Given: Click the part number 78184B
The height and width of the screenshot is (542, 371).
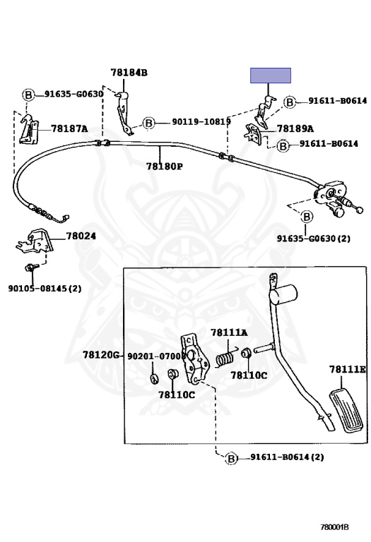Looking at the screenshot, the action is click(x=129, y=73).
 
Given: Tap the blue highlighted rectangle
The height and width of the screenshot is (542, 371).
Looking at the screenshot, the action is click(x=271, y=76).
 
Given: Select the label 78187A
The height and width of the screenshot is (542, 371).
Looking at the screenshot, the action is click(x=69, y=129).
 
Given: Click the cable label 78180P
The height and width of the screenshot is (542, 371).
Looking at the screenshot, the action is click(x=165, y=167).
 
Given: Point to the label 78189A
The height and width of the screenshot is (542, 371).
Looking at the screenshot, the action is click(x=295, y=129).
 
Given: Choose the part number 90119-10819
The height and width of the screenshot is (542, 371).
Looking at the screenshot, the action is click(x=201, y=121).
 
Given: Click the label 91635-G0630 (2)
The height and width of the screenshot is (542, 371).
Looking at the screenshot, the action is click(x=314, y=238).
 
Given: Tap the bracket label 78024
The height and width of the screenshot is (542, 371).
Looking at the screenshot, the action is click(x=81, y=236).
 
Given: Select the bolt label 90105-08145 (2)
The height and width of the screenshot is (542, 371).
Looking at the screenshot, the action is click(x=45, y=288).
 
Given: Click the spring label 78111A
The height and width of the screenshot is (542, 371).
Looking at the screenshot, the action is click(x=229, y=332).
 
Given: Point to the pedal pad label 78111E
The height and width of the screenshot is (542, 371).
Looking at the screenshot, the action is click(x=347, y=370).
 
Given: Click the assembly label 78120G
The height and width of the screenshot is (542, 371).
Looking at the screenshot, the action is click(x=101, y=355).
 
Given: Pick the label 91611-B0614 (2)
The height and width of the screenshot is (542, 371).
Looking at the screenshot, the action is click(x=287, y=457).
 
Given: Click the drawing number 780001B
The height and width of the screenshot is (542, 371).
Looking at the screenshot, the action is click(x=334, y=527).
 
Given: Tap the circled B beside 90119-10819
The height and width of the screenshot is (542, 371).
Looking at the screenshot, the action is click(x=149, y=123).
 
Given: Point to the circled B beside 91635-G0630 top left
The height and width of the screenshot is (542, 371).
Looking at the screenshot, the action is click(x=28, y=95).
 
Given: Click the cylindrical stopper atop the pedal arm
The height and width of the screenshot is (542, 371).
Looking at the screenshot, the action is click(x=283, y=294).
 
